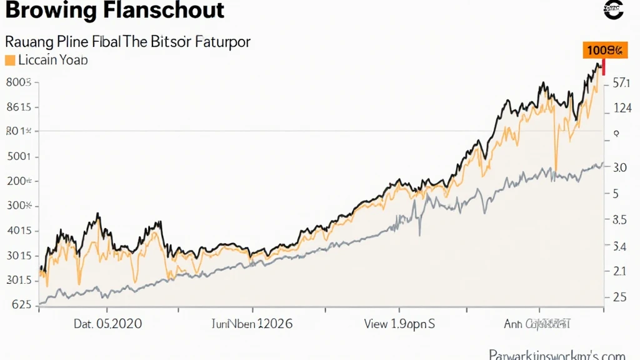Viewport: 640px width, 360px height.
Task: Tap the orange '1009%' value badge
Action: coord(605,51)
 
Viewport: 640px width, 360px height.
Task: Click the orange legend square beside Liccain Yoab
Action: coord(9,61)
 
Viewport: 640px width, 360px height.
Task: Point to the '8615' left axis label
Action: coord(18,107)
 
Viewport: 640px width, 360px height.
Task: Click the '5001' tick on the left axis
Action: coord(19,157)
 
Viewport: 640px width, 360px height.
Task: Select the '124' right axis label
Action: coord(622,109)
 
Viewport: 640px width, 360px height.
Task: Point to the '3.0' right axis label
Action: coord(620,168)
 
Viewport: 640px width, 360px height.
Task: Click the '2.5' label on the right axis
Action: coord(619,297)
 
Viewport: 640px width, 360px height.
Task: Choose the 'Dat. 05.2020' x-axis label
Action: coord(107,324)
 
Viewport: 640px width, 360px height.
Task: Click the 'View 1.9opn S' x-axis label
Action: coord(399,324)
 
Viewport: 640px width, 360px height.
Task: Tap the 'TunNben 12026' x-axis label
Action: coord(252,324)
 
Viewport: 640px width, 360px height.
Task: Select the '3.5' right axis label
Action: coord(619,220)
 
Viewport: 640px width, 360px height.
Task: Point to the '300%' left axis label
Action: coord(19,206)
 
